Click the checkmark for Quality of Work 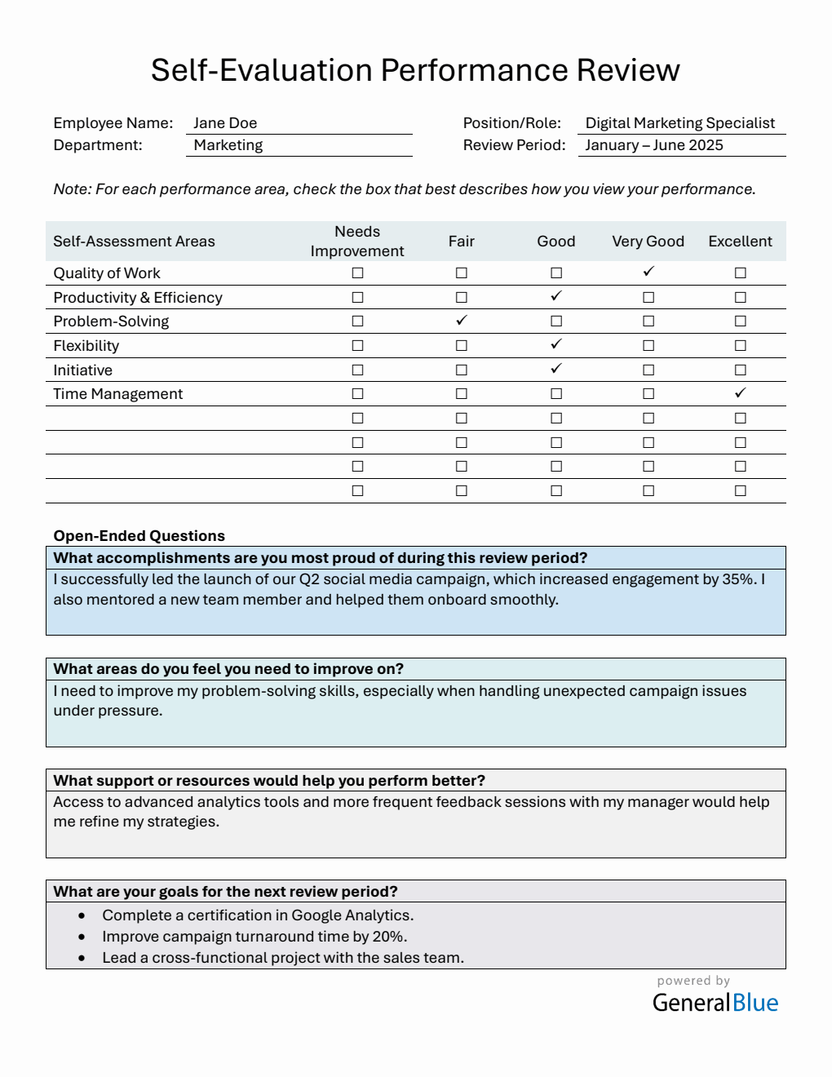648,272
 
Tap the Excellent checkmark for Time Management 740,393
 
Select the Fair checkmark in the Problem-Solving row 462,321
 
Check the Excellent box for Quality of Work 740,273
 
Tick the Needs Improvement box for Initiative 357,370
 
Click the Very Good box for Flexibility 648,346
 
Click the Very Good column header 648,242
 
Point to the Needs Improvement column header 357,242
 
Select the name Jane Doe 225,123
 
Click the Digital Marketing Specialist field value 679,123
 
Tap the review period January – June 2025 653,145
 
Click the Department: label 98,145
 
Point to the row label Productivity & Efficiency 138,298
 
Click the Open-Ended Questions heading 139,536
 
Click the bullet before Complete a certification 82,915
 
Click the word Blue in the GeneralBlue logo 755,1003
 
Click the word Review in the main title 628,70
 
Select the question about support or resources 269,781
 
